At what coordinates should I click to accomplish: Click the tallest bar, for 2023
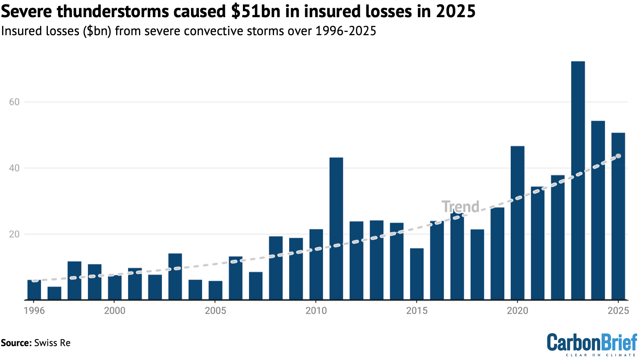[x=577, y=180]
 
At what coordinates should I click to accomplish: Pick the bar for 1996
[x=34, y=290]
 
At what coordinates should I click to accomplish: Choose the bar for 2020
[x=517, y=223]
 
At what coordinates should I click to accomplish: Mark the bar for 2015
[x=417, y=274]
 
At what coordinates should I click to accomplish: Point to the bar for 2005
[x=216, y=290]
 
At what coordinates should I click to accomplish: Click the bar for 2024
[x=598, y=210]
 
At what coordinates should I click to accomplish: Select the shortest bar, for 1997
[x=54, y=293]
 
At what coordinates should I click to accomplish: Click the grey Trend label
[x=460, y=207]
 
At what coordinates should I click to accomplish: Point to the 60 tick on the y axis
[x=14, y=102]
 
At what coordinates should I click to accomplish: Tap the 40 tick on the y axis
[x=14, y=168]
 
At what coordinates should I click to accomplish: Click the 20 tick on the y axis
[x=14, y=234]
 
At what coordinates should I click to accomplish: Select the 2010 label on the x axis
[x=316, y=311]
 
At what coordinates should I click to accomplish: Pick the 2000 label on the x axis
[x=115, y=311]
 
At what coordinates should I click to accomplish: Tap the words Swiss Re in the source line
[x=52, y=343]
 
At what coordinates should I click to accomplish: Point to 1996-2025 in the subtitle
[x=346, y=31]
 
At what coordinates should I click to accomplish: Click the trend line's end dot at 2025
[x=618, y=156]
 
